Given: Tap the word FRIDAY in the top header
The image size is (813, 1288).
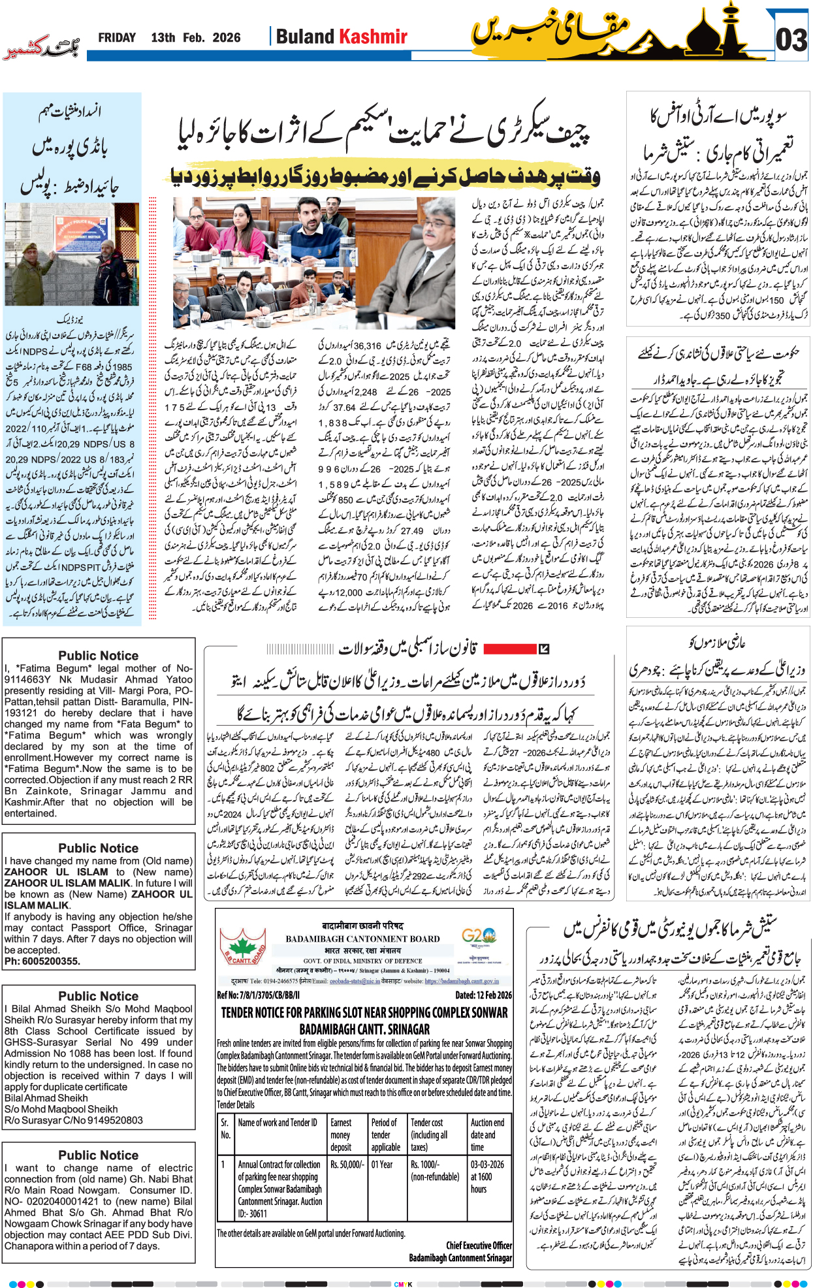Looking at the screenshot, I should (117, 38).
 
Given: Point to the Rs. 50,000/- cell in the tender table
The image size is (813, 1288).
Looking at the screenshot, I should (346, 1164).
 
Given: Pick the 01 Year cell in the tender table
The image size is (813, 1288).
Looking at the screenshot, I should (382, 1164).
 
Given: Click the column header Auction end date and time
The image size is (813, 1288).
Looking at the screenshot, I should (487, 1135).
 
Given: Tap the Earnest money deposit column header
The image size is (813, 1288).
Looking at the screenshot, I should (341, 1135).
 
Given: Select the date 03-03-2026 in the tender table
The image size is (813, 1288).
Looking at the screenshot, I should (487, 1164).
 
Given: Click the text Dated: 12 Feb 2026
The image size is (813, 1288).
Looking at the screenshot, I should (483, 995).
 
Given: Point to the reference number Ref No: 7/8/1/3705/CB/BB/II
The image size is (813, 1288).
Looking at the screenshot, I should (258, 995).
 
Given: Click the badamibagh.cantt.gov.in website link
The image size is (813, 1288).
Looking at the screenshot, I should (462, 981).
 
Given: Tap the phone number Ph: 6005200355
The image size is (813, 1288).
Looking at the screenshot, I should (42, 961).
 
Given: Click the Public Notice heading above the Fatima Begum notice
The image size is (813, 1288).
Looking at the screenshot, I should (98, 655).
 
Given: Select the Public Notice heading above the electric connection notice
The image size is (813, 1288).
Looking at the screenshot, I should (98, 1155).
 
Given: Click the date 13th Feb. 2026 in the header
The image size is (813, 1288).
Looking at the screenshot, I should (195, 38).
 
